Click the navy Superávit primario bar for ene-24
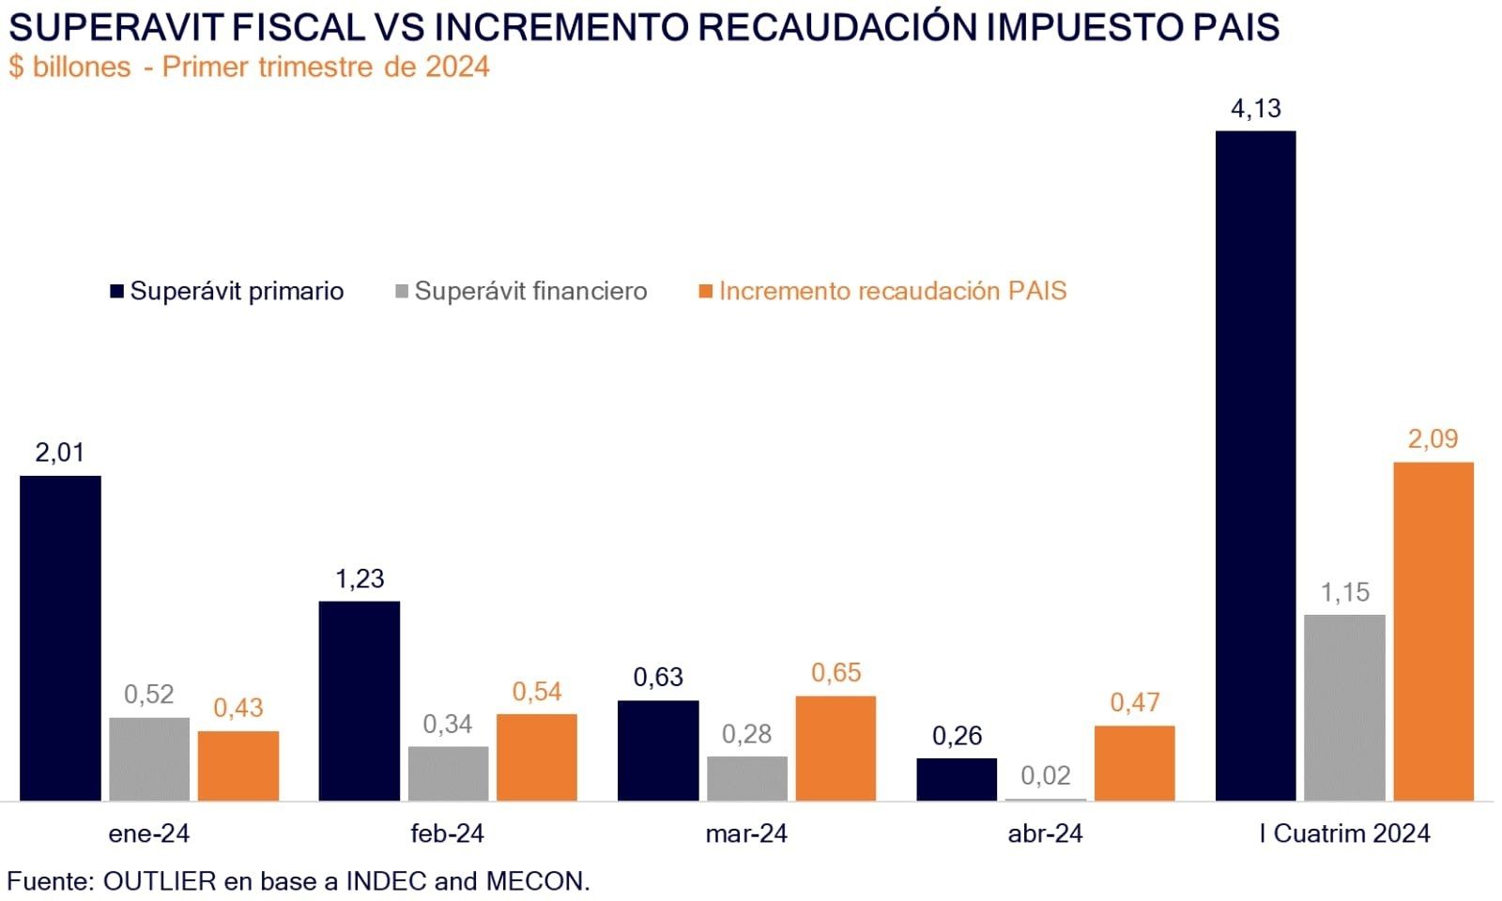pyautogui.click(x=60, y=638)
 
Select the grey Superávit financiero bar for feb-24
pyautogui.click(x=448, y=773)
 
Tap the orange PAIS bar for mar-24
pyautogui.click(x=835, y=748)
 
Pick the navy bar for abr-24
pyautogui.click(x=957, y=779)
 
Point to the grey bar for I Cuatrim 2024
pyautogui.click(x=1344, y=708)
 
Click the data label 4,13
pyautogui.click(x=1255, y=109)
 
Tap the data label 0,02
pyautogui.click(x=1045, y=775)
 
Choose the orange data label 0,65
pyautogui.click(x=835, y=673)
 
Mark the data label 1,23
pyautogui.click(x=360, y=578)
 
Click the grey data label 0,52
pyautogui.click(x=149, y=695)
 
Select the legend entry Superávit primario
pyautogui.click(x=237, y=291)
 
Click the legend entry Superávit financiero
pyautogui.click(x=530, y=291)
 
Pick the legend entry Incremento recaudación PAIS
pyautogui.click(x=892, y=291)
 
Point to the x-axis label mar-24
pyautogui.click(x=746, y=833)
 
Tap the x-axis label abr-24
pyautogui.click(x=1045, y=833)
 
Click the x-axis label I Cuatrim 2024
pyautogui.click(x=1344, y=833)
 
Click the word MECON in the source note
pyautogui.click(x=535, y=881)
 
